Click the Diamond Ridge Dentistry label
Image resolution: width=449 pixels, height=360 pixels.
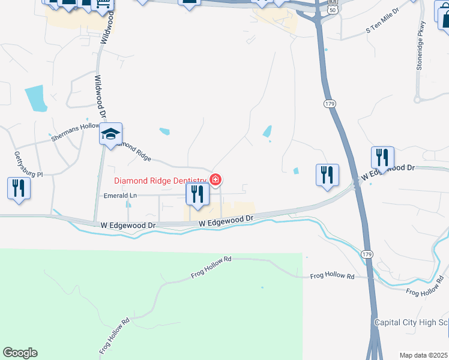point(160,180)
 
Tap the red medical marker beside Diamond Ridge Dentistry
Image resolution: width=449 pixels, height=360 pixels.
point(215,179)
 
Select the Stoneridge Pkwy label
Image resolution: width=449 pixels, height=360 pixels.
point(421,46)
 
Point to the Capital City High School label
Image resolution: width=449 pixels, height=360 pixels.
point(411,322)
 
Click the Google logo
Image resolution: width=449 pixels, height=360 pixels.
point(20,353)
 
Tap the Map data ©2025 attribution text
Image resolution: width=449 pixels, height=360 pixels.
point(423,355)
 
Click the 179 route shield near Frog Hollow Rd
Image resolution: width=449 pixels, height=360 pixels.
point(367,255)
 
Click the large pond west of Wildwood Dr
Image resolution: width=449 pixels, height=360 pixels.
point(35,98)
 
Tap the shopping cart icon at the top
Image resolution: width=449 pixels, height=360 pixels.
point(103,5)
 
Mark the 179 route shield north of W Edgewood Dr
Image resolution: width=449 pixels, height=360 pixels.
point(329,104)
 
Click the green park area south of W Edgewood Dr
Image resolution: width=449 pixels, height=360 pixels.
point(150,300)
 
